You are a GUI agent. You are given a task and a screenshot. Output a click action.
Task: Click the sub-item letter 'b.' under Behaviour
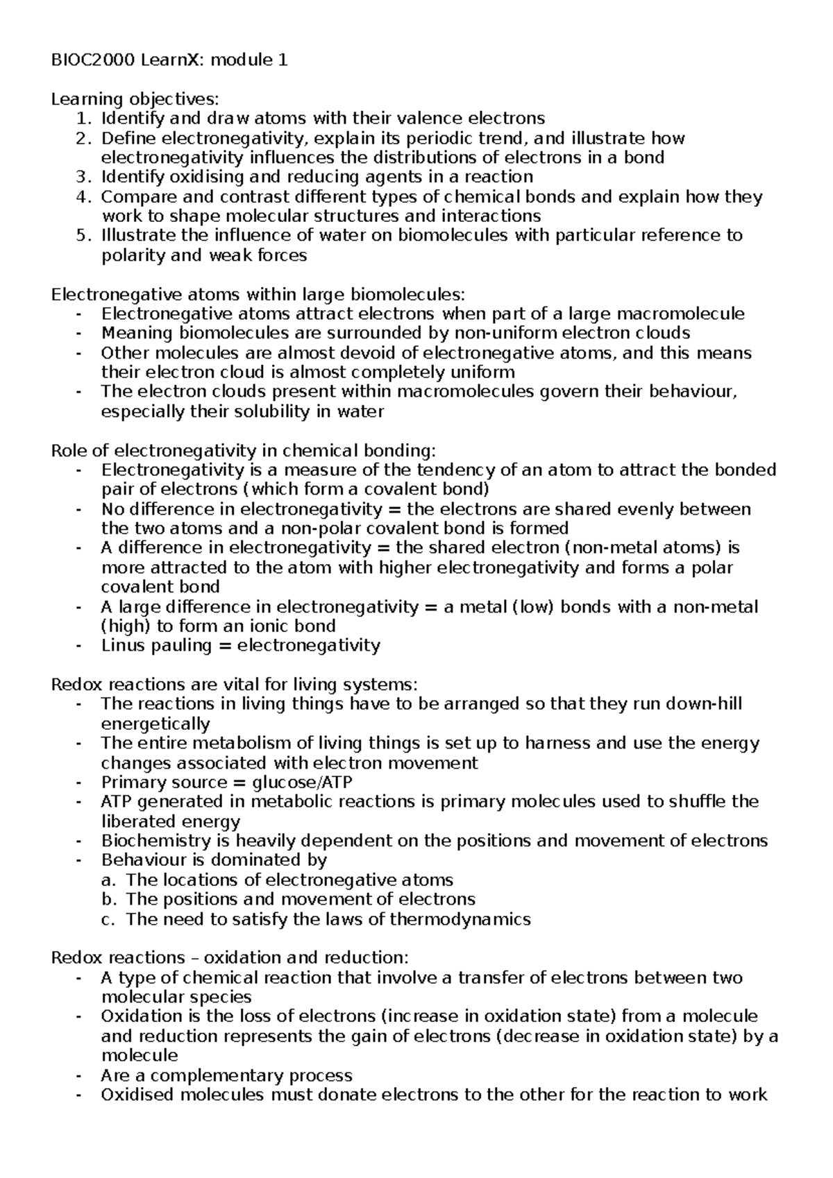point(108,900)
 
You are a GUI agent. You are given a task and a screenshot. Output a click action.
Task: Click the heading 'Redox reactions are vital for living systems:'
point(235,685)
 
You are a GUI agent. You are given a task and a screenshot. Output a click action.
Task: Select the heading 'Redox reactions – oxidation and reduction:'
point(230,958)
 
